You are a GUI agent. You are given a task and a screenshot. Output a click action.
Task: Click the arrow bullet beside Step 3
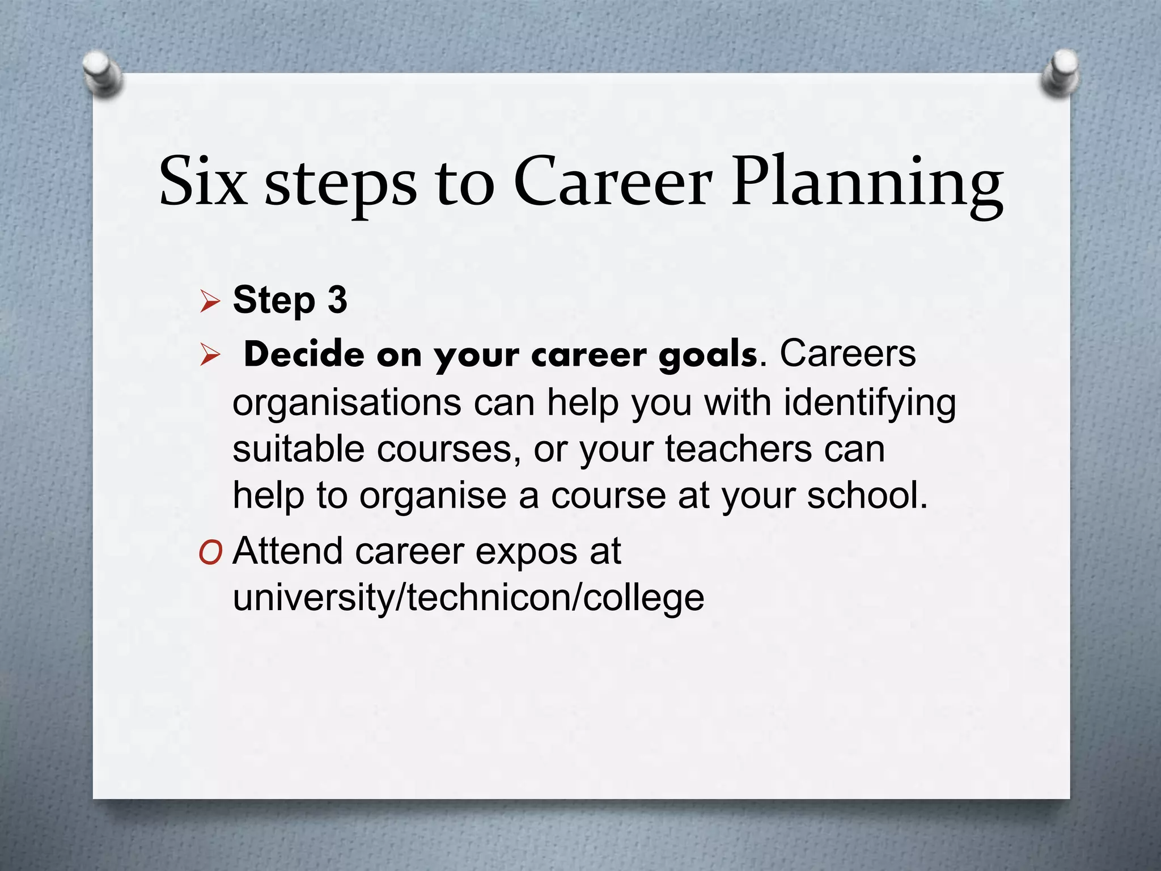(210, 302)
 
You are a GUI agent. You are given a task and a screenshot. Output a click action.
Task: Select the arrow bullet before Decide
(210, 356)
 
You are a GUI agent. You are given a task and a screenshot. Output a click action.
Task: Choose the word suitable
(298, 449)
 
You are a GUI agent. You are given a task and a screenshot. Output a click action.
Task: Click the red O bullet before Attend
(210, 552)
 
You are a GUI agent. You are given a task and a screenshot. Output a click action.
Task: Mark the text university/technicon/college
(468, 599)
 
